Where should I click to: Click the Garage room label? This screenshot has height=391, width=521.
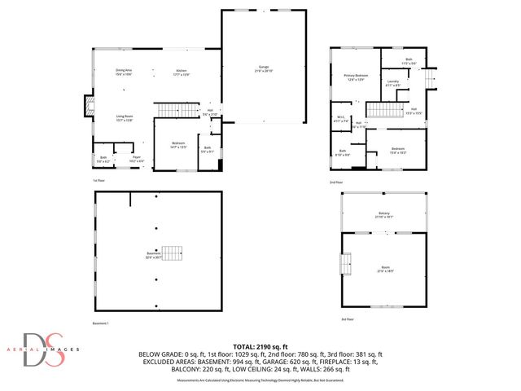pos(265,67)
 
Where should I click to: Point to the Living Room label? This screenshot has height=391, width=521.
pos(124,118)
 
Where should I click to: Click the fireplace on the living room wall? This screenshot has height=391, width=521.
pos(88,105)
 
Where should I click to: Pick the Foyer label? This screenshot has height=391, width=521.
pos(138,159)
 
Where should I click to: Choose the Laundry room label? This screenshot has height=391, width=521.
pos(392,82)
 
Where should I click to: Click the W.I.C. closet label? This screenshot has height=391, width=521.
pos(341,121)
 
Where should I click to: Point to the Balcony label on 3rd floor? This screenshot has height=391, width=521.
pos(383,215)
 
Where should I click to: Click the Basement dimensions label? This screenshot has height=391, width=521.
pos(154,255)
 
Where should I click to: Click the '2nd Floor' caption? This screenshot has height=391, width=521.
pos(336,182)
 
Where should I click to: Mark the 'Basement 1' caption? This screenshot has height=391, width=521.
pos(101,323)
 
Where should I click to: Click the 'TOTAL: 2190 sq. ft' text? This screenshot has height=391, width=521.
pos(260,347)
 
